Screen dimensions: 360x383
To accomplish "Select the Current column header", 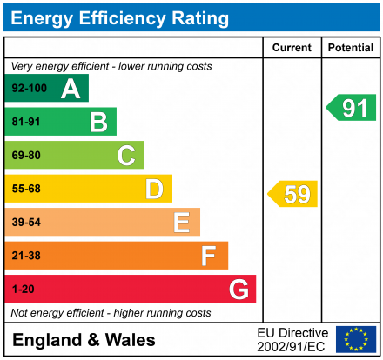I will [292, 48].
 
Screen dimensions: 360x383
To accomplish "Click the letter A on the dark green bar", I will [71, 89].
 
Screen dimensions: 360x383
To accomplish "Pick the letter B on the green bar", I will [98, 122].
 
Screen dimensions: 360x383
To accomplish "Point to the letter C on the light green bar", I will [126, 156].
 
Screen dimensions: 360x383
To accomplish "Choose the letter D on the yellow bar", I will [154, 189].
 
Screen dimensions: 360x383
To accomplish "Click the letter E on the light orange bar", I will [181, 223].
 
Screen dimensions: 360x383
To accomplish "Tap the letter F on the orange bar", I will [209, 256].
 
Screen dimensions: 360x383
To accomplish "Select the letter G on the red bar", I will [238, 289].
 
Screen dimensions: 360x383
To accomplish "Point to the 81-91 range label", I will [26, 122].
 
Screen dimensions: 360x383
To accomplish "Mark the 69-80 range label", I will [26, 156].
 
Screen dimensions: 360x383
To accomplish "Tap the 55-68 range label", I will [26, 189].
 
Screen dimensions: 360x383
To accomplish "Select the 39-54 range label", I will [26, 223].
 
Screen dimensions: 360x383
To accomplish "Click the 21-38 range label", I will [26, 256].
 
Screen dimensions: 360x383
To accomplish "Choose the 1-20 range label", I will [23, 289].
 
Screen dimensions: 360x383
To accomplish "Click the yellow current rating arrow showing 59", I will [293, 194].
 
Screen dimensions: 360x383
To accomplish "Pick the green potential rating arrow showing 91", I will [351, 108].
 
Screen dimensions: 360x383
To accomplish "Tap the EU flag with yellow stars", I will [355, 339].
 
